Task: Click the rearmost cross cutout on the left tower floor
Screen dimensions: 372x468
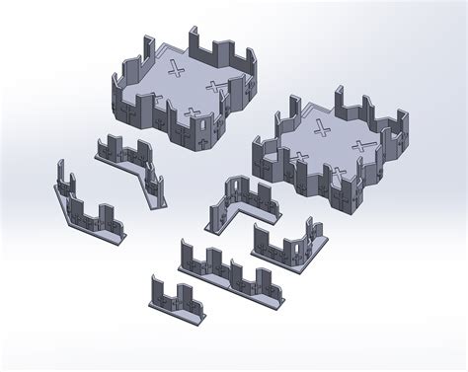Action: click(x=178, y=69)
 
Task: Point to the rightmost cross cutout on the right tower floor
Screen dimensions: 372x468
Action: click(x=367, y=148)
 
